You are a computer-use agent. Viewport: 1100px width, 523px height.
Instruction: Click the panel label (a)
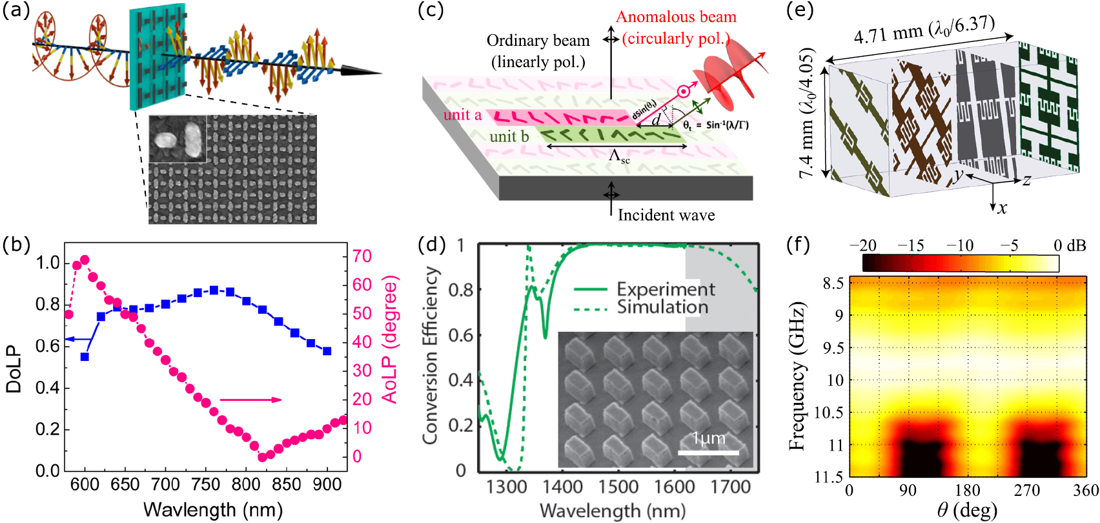16,11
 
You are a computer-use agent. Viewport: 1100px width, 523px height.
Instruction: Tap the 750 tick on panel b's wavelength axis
205,485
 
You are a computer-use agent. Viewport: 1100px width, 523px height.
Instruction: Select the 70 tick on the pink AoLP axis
362,256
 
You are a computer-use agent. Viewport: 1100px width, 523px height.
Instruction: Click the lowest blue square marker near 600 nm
85,356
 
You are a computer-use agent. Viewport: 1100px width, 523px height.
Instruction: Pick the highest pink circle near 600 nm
85,260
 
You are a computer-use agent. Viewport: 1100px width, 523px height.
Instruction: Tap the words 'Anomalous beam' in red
676,17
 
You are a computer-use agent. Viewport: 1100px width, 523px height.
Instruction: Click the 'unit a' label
462,115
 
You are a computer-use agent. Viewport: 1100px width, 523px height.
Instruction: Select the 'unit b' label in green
509,136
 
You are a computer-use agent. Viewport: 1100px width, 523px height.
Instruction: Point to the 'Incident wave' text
666,215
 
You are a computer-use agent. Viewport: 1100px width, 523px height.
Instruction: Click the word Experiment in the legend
666,289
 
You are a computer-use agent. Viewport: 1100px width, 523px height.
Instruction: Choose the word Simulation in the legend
662,307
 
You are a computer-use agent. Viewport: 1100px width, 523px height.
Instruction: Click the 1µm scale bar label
708,438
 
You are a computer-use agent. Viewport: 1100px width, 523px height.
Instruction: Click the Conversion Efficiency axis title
431,355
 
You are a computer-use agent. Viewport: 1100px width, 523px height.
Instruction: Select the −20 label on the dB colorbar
862,245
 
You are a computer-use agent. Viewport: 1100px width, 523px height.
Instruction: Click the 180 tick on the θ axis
967,491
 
